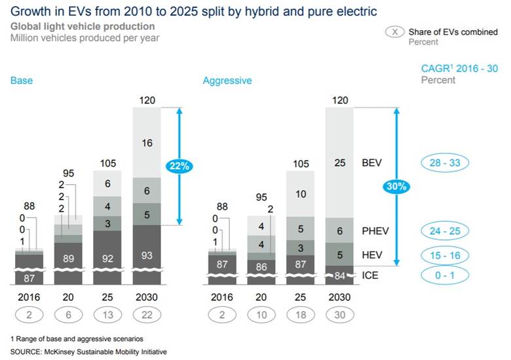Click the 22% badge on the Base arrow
(x=179, y=167)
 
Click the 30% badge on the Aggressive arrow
(x=396, y=186)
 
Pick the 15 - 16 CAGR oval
(x=445, y=255)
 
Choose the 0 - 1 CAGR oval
(x=445, y=275)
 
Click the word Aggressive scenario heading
(x=227, y=81)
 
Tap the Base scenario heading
(x=21, y=81)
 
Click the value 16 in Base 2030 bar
(x=147, y=142)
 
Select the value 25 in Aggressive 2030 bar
(x=339, y=162)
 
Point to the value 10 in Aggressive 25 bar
(x=300, y=195)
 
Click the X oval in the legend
(x=394, y=32)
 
